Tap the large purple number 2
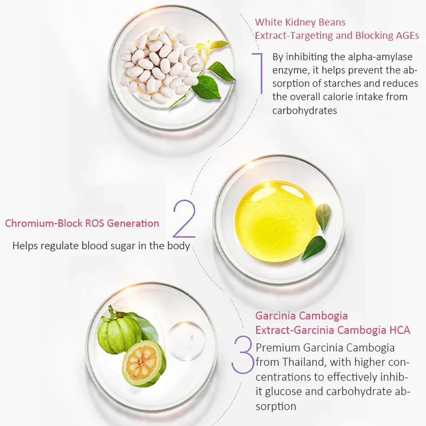185,219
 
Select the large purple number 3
242,354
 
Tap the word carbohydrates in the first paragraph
305,110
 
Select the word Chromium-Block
44,224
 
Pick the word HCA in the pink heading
399,330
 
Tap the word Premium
278,348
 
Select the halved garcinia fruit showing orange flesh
144,363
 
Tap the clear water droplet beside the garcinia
186,341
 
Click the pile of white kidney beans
160,65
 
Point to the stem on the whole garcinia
111,312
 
